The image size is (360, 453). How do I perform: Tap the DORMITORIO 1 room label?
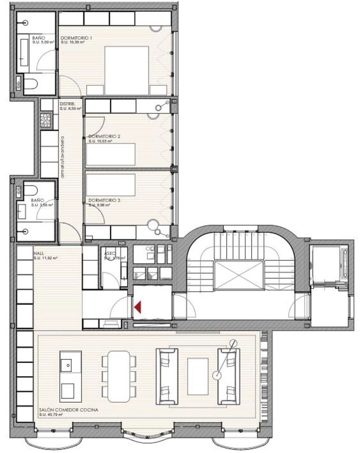click(76, 38)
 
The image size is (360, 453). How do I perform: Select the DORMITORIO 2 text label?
click(104, 136)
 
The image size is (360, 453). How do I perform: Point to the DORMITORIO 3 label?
click(104, 200)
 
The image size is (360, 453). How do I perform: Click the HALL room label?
click(38, 253)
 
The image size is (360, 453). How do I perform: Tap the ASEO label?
click(110, 253)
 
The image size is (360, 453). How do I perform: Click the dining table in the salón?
click(119, 376)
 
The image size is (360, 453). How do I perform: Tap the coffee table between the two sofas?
click(198, 376)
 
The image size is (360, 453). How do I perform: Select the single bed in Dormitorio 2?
click(111, 154)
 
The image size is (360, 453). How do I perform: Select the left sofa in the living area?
click(168, 376)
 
